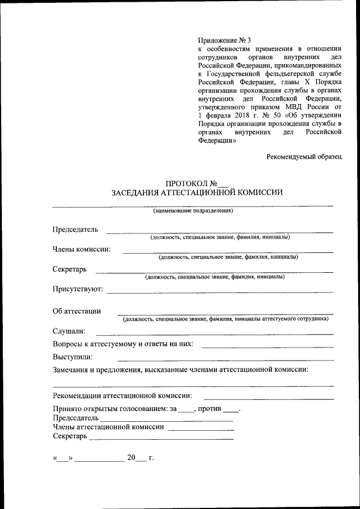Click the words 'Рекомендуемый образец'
(304, 157)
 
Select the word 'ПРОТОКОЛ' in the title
(186, 183)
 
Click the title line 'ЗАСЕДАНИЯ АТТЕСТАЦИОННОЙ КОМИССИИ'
(196, 192)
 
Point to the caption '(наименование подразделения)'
(193, 211)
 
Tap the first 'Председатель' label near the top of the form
(75, 229)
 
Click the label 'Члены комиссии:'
(82, 249)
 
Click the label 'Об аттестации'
(76, 310)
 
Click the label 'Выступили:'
(73, 357)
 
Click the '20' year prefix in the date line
(132, 457)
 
